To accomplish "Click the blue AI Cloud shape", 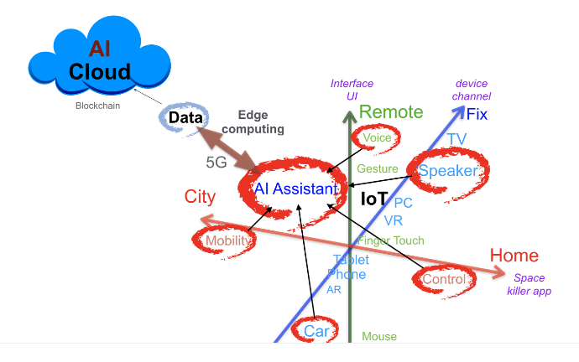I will pyautogui.click(x=100, y=61).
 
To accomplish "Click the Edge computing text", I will pyautogui.click(x=260, y=122).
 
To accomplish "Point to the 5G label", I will pyautogui.click(x=216, y=163).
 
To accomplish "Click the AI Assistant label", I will pyautogui.click(x=295, y=189).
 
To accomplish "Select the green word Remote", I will pyautogui.click(x=391, y=112).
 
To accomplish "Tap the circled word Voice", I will pyautogui.click(x=377, y=138).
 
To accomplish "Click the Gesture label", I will pyautogui.click(x=378, y=169).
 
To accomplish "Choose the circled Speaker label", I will pyautogui.click(x=447, y=171).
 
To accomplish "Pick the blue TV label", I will pyautogui.click(x=456, y=139).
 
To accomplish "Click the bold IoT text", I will pyautogui.click(x=374, y=199).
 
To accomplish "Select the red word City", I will pyautogui.click(x=200, y=198).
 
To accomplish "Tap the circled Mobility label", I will pyautogui.click(x=228, y=241).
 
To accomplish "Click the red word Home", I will pyautogui.click(x=514, y=256).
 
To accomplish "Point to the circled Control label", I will pyautogui.click(x=444, y=280).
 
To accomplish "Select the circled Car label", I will pyautogui.click(x=316, y=331).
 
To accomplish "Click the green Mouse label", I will pyautogui.click(x=378, y=337).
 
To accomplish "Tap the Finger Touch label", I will pyautogui.click(x=391, y=241).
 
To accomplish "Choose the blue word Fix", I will pyautogui.click(x=477, y=115).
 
